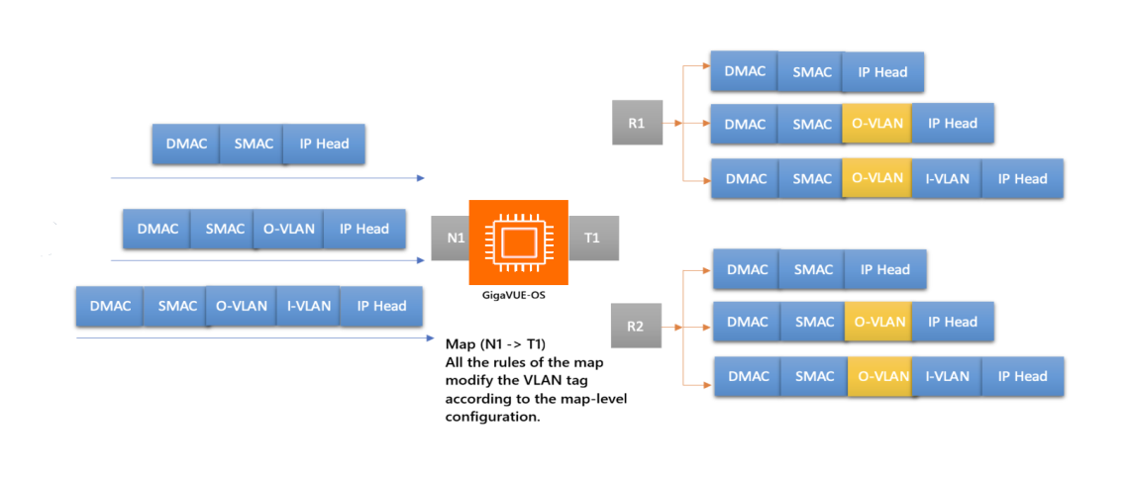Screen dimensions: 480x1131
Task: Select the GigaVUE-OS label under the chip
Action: tap(518, 294)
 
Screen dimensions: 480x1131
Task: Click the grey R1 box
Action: tap(637, 124)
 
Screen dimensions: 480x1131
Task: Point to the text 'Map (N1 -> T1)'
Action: tap(495, 343)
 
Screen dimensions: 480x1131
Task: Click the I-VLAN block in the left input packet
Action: tap(308, 306)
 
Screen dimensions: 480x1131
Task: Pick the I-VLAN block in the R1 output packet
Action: tap(947, 178)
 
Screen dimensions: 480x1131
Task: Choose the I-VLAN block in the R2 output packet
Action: tap(947, 376)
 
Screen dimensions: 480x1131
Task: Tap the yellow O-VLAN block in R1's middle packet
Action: tap(876, 124)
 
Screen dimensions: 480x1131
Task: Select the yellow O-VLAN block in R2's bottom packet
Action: tap(881, 376)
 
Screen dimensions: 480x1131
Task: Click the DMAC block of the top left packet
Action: tap(186, 144)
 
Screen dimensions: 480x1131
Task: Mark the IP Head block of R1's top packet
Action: tap(883, 71)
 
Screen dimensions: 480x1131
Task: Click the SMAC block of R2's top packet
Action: tap(813, 269)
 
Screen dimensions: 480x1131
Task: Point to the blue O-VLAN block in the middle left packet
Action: tap(288, 229)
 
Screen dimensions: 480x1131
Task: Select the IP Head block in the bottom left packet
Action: tap(381, 306)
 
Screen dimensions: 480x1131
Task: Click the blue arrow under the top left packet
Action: tap(267, 178)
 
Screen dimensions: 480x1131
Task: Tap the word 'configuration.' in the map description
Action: tap(491, 417)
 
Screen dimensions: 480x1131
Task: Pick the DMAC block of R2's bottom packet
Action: tap(748, 376)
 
